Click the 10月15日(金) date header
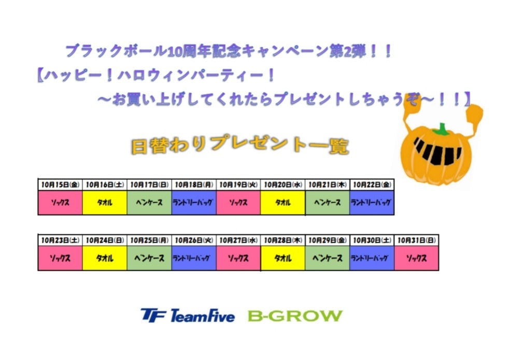[x=60, y=185]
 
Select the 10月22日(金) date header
[x=372, y=185]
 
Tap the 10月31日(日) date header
[x=417, y=240]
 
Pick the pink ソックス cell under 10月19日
[x=238, y=202]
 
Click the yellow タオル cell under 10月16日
[x=105, y=202]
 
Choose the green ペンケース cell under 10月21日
[x=327, y=202]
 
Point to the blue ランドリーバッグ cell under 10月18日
[x=194, y=202]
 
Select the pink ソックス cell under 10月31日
[x=417, y=258]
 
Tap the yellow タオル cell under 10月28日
[x=283, y=258]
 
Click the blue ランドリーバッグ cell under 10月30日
[x=372, y=258]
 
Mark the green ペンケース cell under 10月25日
[x=149, y=258]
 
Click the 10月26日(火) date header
[x=194, y=240]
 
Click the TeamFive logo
[x=188, y=315]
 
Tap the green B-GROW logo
[x=295, y=316]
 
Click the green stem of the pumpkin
[x=441, y=130]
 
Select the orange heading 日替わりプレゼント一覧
[x=240, y=145]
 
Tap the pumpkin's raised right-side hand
[x=474, y=114]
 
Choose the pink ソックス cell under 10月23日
[x=60, y=258]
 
